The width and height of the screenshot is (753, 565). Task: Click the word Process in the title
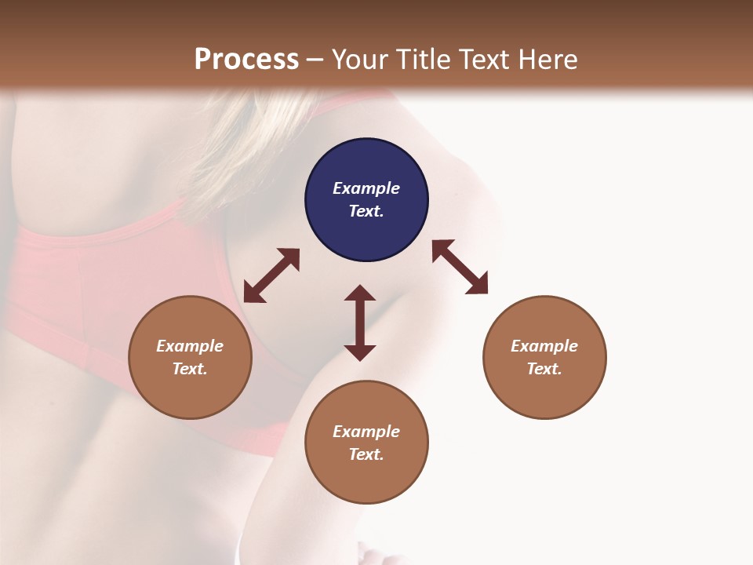pos(246,60)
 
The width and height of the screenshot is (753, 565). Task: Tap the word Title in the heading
pos(425,60)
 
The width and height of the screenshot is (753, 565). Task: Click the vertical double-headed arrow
pos(360,323)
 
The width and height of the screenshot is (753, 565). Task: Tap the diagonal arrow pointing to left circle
pos(271,275)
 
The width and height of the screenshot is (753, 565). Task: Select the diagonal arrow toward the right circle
pos(460,267)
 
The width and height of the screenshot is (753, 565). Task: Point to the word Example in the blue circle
pos(366,188)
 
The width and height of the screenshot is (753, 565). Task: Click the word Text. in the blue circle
pos(366,211)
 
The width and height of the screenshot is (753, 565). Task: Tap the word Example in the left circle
pos(190,346)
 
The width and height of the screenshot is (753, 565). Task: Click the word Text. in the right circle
pos(544,369)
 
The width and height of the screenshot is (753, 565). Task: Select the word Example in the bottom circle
pos(366,432)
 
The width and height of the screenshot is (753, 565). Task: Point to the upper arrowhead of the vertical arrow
pos(360,293)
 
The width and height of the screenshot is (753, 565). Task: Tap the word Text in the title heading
pos(486,60)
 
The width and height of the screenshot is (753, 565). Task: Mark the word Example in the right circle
pos(544,346)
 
